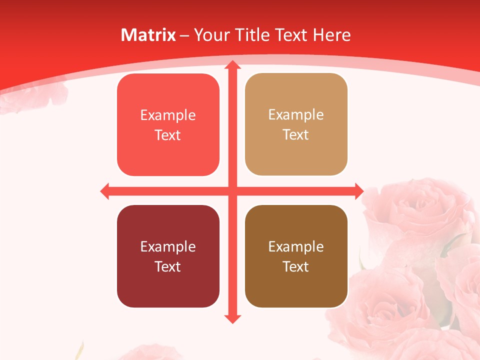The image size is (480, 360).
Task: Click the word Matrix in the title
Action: click(x=148, y=35)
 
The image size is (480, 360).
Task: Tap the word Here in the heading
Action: click(x=332, y=35)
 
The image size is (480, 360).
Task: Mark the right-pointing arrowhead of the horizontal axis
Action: click(x=358, y=191)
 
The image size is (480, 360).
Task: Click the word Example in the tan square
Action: click(x=296, y=115)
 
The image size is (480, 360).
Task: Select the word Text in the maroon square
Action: click(x=167, y=266)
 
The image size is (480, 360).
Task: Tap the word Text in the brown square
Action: click(x=295, y=266)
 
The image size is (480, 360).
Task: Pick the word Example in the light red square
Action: click(x=168, y=115)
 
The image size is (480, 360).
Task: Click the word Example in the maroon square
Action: click(x=168, y=246)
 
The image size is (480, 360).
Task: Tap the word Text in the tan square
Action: click(x=295, y=135)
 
